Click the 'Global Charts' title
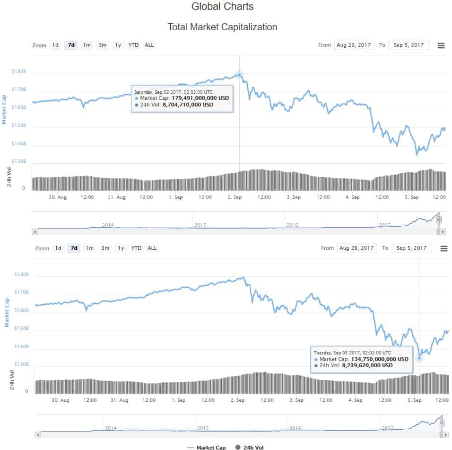tap(222, 7)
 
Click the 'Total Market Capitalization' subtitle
tap(222, 27)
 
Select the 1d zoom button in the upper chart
tap(55, 45)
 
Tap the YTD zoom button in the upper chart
tap(134, 45)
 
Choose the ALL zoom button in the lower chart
tap(152, 248)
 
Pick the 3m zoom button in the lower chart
tap(105, 248)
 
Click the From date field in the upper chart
tap(354, 45)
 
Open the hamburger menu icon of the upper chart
tap(441, 45)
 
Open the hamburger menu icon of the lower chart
tap(443, 248)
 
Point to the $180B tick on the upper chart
tap(19, 72)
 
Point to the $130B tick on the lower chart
tap(22, 364)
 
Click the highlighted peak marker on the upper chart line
tap(239, 74)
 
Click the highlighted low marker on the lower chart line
tap(419, 358)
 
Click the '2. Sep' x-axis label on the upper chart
tap(235, 197)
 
